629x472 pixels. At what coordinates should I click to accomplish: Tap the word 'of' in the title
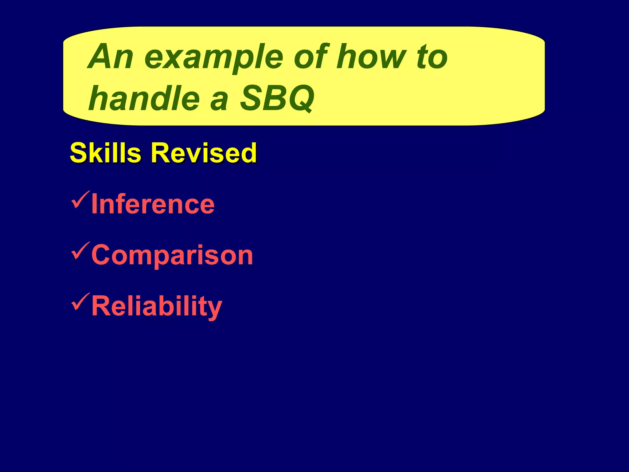pyautogui.click(x=310, y=57)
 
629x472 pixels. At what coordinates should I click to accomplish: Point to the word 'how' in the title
pyautogui.click(x=374, y=57)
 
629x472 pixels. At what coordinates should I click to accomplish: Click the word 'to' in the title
pyautogui.click(x=432, y=57)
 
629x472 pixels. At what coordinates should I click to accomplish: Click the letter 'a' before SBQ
pyautogui.click(x=219, y=101)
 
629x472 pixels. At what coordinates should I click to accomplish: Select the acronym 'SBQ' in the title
pyautogui.click(x=276, y=98)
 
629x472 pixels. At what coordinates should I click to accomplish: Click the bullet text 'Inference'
pyautogui.click(x=153, y=204)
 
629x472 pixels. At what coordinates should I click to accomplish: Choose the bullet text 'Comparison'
pyautogui.click(x=172, y=255)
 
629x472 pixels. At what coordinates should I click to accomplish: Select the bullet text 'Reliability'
pyautogui.click(x=157, y=306)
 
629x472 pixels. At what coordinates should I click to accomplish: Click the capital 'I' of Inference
pyautogui.click(x=94, y=204)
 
